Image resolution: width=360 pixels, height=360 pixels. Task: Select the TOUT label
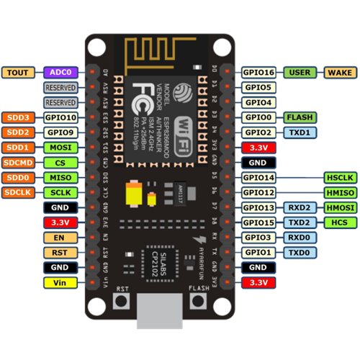tap(18, 73)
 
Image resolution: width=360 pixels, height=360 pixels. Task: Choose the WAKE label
tap(339, 73)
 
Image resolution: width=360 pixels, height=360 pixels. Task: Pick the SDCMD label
tap(18, 163)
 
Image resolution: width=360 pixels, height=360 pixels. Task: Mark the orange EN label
tap(18, 238)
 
